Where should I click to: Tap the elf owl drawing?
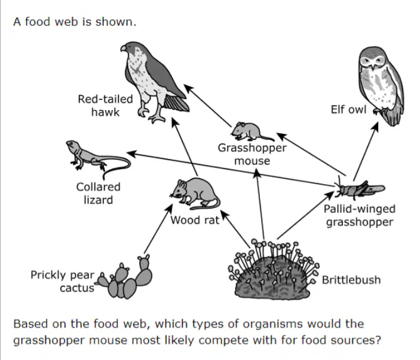pyautogui.click(x=381, y=86)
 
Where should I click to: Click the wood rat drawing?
pyautogui.click(x=195, y=194)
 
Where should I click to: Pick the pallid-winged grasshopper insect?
pyautogui.click(x=359, y=188)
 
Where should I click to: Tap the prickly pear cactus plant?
pyautogui.click(x=125, y=277)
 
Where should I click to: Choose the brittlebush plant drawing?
pyautogui.click(x=273, y=270)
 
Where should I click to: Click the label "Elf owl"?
pyautogui.click(x=348, y=109)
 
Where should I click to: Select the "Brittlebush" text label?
pyautogui.click(x=351, y=280)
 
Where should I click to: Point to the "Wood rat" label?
pyautogui.click(x=195, y=220)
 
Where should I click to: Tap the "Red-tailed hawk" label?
pyautogui.click(x=105, y=105)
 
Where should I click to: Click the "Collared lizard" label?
pyautogui.click(x=98, y=193)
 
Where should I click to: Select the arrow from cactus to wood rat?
pyautogui.click(x=158, y=228)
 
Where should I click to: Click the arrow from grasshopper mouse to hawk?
pyautogui.click(x=207, y=106)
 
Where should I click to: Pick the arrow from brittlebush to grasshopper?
pyautogui.click(x=306, y=215)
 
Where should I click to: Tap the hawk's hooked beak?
pyautogui.click(x=123, y=48)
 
